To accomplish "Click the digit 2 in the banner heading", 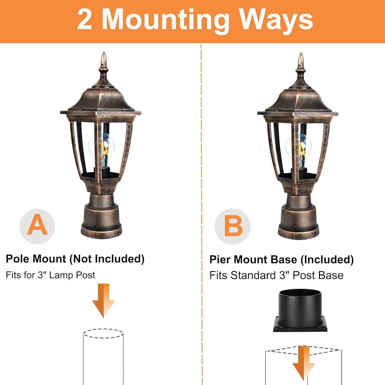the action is point(84,20).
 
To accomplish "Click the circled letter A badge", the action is point(37,226).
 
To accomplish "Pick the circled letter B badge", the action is point(233,226).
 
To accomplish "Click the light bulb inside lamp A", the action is point(102,150).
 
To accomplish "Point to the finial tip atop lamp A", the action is point(104,52).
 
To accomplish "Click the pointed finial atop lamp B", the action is point(301,53).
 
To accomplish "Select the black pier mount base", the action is point(300,310).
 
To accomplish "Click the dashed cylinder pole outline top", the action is point(103,333).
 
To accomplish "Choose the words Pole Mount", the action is point(36,259).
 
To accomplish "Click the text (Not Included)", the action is point(107,259).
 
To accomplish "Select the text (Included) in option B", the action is point(327,260).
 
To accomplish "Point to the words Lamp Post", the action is point(72,275).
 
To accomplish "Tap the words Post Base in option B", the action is point(318,275).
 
